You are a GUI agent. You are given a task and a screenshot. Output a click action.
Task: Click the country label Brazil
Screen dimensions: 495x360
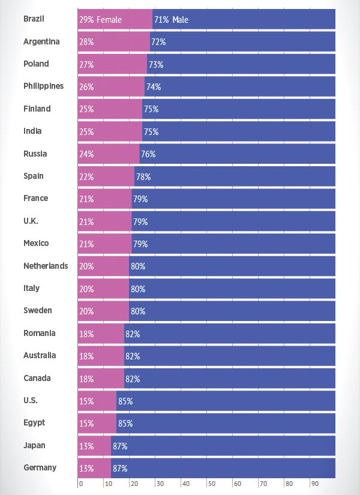point(34,19)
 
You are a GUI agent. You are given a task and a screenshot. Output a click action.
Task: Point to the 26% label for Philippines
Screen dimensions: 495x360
point(86,87)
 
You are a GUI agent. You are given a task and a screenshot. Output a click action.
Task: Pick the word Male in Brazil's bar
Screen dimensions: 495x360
point(180,20)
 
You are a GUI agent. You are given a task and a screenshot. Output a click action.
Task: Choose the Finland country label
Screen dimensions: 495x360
point(37,109)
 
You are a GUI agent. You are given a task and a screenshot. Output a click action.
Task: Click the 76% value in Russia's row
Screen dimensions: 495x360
point(148,154)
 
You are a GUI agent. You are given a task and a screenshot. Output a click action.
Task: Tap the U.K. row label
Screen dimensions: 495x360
point(31,221)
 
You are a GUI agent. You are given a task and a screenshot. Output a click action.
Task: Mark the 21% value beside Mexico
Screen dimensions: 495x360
point(86,244)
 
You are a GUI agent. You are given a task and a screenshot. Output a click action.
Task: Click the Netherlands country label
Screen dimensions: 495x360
point(46,266)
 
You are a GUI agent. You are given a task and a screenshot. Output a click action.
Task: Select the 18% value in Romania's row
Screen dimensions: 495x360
point(86,334)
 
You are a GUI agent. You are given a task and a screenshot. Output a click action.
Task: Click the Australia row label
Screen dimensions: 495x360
point(40,355)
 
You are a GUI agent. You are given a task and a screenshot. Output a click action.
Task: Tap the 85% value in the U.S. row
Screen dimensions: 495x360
point(125,401)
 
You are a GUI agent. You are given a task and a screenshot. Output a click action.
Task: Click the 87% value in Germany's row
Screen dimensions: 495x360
point(120,469)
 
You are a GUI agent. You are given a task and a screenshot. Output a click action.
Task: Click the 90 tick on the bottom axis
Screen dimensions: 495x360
point(315,483)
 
